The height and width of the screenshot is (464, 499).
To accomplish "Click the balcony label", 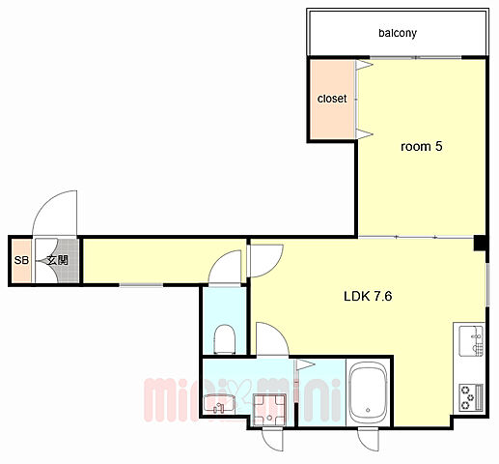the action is (x=398, y=33).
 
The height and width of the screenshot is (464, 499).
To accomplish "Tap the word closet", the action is (x=332, y=99).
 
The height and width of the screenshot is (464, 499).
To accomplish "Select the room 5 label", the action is (x=421, y=146).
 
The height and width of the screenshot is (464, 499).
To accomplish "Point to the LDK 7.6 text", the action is (x=368, y=296).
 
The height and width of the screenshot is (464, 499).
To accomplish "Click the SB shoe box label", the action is (x=21, y=260).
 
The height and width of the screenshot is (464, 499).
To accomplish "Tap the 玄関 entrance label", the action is (x=58, y=260).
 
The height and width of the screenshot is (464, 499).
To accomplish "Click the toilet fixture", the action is (x=225, y=339).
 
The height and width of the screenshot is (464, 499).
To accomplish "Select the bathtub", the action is (x=368, y=393).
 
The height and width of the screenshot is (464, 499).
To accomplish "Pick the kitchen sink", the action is (x=471, y=341).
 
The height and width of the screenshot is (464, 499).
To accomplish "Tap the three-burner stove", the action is (x=471, y=397).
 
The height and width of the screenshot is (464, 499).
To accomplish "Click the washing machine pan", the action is (x=269, y=409).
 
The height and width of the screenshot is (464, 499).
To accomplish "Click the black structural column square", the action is (x=480, y=243).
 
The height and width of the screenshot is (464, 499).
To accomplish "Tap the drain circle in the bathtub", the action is (x=368, y=410).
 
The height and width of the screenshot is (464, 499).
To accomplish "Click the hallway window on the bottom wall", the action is (x=141, y=285).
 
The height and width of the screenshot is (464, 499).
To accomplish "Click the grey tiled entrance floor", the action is (x=68, y=261).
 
